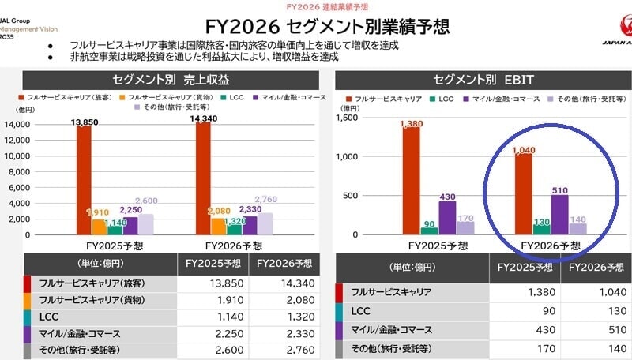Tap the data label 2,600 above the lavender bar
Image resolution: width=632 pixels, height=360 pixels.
pyautogui.click(x=146, y=201)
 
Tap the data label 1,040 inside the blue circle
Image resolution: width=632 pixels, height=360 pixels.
pyautogui.click(x=523, y=149)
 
